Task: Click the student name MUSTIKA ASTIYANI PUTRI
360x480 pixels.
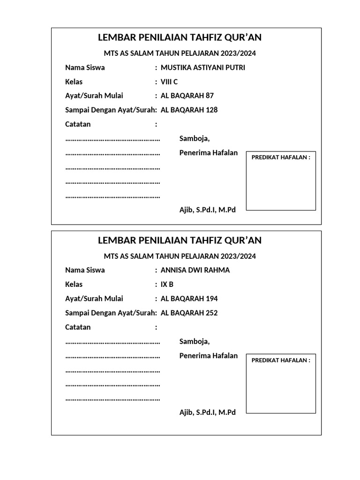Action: (x=202, y=67)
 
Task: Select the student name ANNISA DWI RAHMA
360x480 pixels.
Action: (x=195, y=270)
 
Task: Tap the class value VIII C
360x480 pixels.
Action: (x=169, y=82)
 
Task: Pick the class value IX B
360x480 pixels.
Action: (x=167, y=284)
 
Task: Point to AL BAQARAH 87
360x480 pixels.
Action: (x=187, y=96)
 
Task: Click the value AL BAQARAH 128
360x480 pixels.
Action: (x=189, y=110)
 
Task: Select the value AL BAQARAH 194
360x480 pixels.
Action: (x=189, y=299)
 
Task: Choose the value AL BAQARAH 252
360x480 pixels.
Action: (x=189, y=313)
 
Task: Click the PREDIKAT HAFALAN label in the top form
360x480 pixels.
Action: (x=281, y=157)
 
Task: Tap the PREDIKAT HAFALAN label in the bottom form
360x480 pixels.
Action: (x=281, y=360)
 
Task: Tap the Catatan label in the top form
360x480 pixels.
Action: (x=78, y=124)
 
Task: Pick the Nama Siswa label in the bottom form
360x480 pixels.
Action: (x=85, y=270)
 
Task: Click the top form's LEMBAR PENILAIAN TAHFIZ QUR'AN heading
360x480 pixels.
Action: (x=180, y=37)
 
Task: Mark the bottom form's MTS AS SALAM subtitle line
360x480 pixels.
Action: (x=180, y=256)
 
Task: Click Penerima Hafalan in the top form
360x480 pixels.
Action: (x=208, y=153)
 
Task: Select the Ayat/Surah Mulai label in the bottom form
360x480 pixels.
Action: (x=94, y=299)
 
